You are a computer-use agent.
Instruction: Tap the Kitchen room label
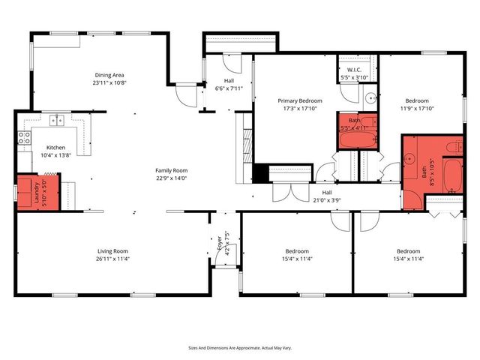[x=56, y=147]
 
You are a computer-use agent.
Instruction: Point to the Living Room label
[x=112, y=251]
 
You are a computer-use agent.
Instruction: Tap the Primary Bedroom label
[x=299, y=100]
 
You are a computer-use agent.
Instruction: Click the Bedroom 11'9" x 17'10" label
[x=417, y=100]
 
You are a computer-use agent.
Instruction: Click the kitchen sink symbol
[x=56, y=120]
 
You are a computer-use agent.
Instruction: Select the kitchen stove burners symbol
[x=24, y=138]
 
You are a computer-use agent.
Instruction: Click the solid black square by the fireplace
[x=260, y=173]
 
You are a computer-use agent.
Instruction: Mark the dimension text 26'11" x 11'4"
[x=112, y=259]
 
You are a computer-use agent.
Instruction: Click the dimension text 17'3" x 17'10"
[x=299, y=109]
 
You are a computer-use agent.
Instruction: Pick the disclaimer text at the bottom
[x=239, y=348]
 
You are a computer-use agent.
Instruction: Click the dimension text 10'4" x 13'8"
[x=56, y=155]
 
